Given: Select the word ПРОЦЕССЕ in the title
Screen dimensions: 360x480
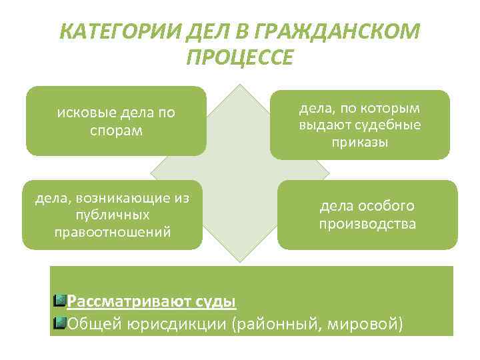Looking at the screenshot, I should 240,57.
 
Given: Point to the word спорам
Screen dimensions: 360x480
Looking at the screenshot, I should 116,129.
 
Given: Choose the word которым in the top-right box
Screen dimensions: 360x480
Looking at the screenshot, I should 393,109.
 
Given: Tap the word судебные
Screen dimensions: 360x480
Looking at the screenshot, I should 389,125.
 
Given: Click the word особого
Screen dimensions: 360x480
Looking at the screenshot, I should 386,206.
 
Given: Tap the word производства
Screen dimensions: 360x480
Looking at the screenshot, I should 367,223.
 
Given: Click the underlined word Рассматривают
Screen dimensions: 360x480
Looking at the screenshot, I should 128,301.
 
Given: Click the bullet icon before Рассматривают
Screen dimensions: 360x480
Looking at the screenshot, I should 59,301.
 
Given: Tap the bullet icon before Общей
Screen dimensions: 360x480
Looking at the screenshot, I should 59,323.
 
